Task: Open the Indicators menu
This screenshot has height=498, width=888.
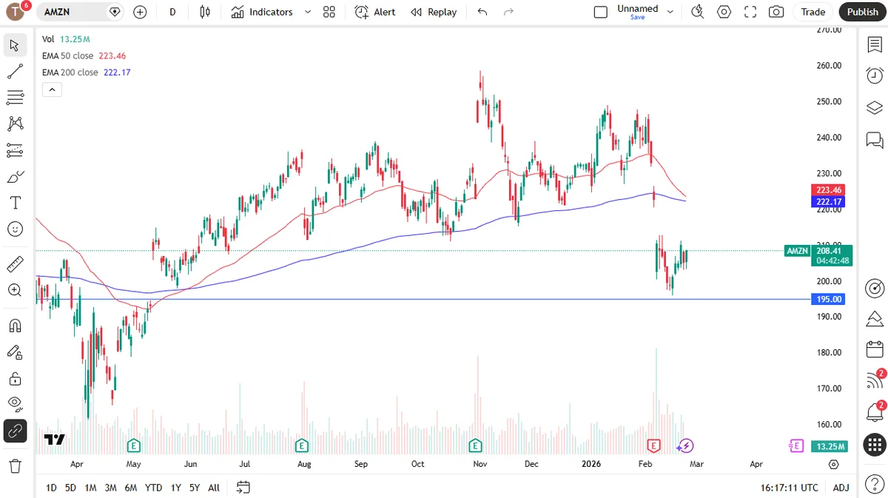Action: pyautogui.click(x=263, y=12)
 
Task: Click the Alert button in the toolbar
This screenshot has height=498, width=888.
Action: pyautogui.click(x=375, y=12)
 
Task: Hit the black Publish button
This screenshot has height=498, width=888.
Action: pyautogui.click(x=862, y=12)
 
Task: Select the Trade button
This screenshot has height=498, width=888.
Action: pyautogui.click(x=813, y=12)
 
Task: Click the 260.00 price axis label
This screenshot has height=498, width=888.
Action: pyautogui.click(x=829, y=66)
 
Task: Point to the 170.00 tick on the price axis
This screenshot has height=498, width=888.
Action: pyautogui.click(x=829, y=388)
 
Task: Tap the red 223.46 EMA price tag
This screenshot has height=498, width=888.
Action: pyautogui.click(x=829, y=190)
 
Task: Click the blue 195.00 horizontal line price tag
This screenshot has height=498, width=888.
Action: pyautogui.click(x=829, y=299)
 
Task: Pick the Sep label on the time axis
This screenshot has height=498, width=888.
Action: pyautogui.click(x=360, y=465)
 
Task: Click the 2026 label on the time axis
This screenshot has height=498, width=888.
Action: pyautogui.click(x=591, y=465)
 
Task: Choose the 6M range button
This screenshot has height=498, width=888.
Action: pyautogui.click(x=130, y=488)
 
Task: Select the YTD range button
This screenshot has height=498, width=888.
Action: pyautogui.click(x=153, y=488)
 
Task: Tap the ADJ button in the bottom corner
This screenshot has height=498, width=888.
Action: pyautogui.click(x=841, y=488)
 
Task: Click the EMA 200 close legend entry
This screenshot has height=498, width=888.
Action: pyautogui.click(x=70, y=73)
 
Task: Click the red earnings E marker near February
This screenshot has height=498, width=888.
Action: pyautogui.click(x=653, y=445)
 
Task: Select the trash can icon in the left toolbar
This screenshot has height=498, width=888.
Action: pyautogui.click(x=15, y=466)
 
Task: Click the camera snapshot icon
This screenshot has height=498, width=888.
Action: pyautogui.click(x=776, y=12)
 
